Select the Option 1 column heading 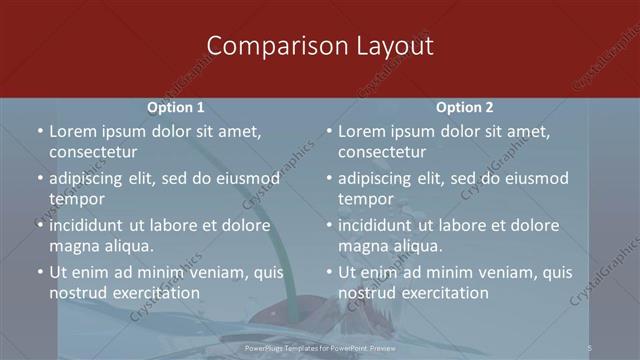coord(176,107)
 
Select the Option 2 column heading coord(465,107)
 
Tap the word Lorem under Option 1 coord(73,131)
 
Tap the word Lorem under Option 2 coord(362,131)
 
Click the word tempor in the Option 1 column coord(77,199)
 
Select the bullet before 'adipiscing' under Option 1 coord(40,179)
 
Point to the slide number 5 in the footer coord(590,347)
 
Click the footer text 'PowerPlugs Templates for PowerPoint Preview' coord(320,348)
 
